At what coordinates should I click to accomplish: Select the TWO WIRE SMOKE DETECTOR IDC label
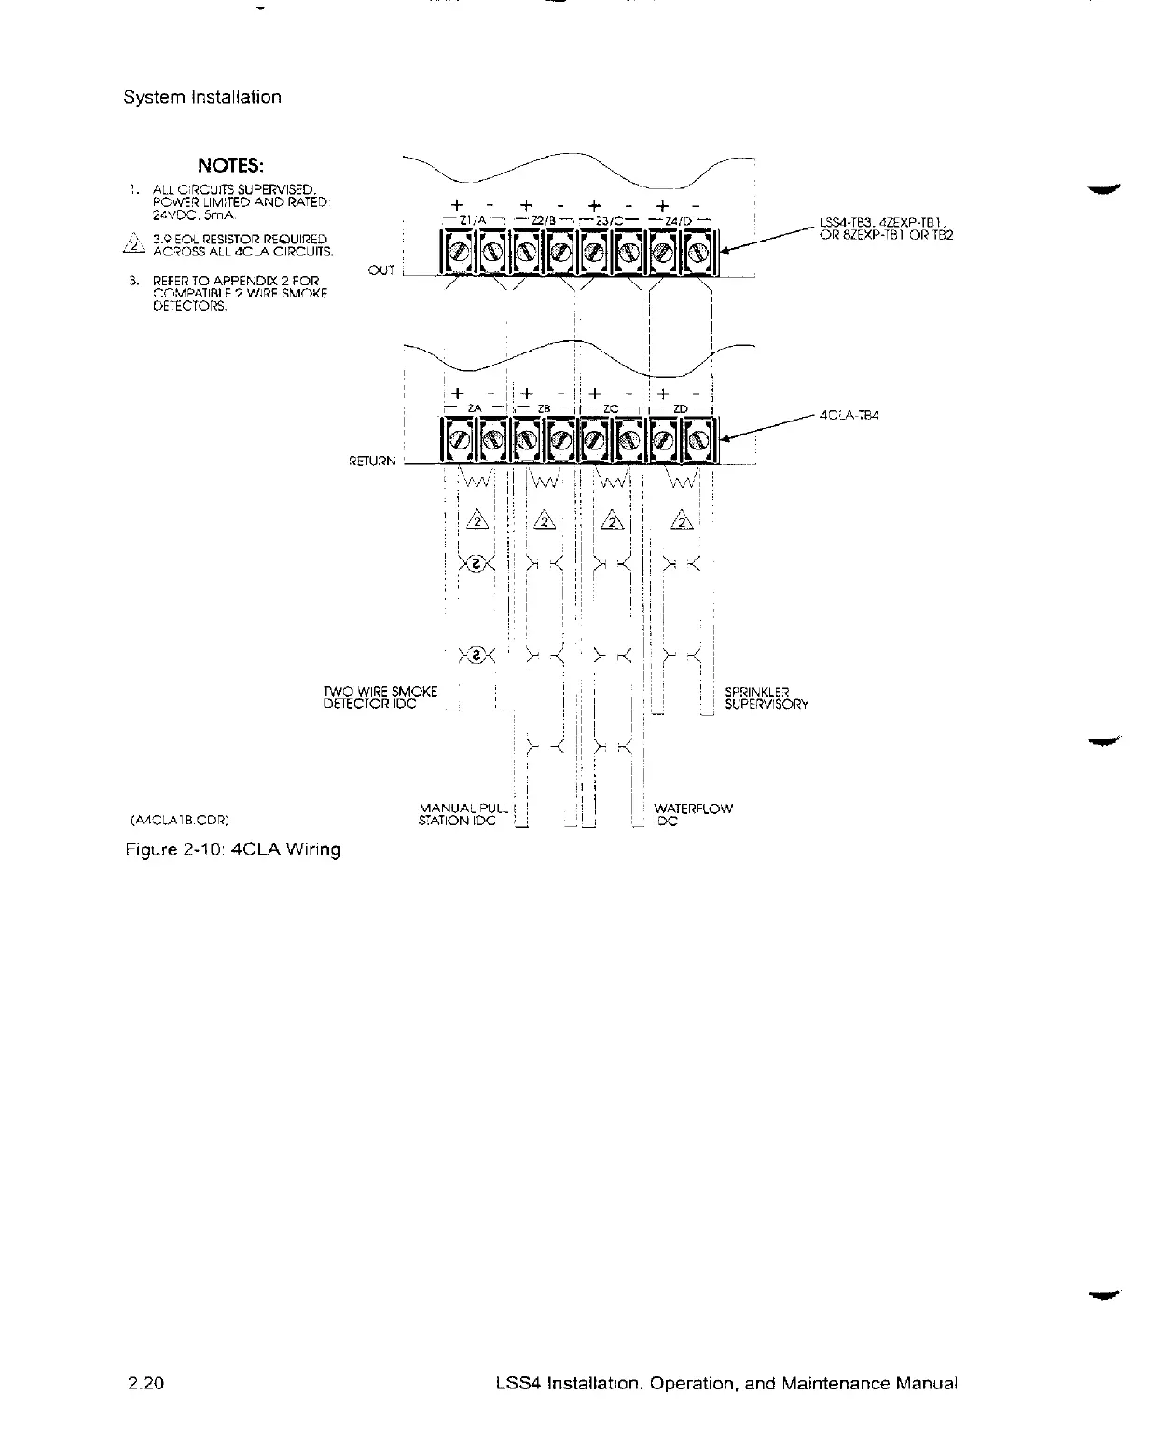point(380,697)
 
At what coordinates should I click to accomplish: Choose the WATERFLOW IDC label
point(693,814)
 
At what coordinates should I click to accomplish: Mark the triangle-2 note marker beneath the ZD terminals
point(684,520)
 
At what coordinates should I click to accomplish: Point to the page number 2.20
point(145,1384)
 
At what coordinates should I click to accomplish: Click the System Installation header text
point(202,97)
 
